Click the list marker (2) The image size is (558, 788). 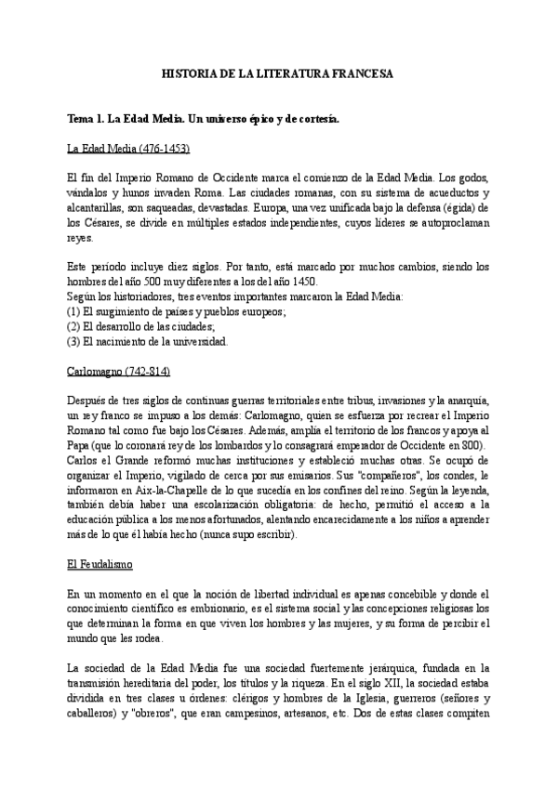point(75,326)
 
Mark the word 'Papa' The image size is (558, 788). point(80,448)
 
